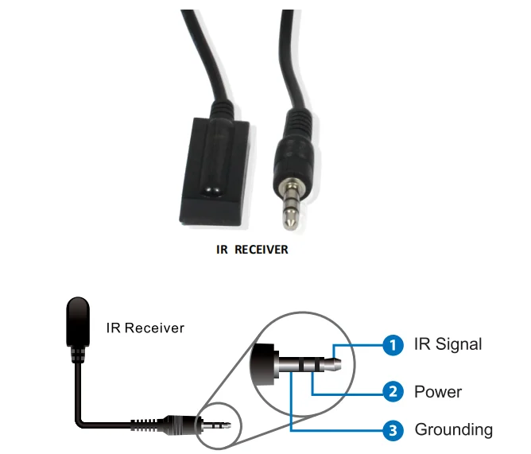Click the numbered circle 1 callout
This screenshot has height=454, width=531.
(x=390, y=345)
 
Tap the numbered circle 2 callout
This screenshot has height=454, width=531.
(x=390, y=391)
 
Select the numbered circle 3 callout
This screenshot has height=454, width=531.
(x=390, y=431)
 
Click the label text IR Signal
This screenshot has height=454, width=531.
(x=448, y=344)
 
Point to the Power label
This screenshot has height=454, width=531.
(x=437, y=391)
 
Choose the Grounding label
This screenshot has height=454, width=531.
(x=453, y=430)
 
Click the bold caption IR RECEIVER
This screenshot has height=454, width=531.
(x=253, y=250)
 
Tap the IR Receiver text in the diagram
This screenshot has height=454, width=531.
(x=145, y=328)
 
